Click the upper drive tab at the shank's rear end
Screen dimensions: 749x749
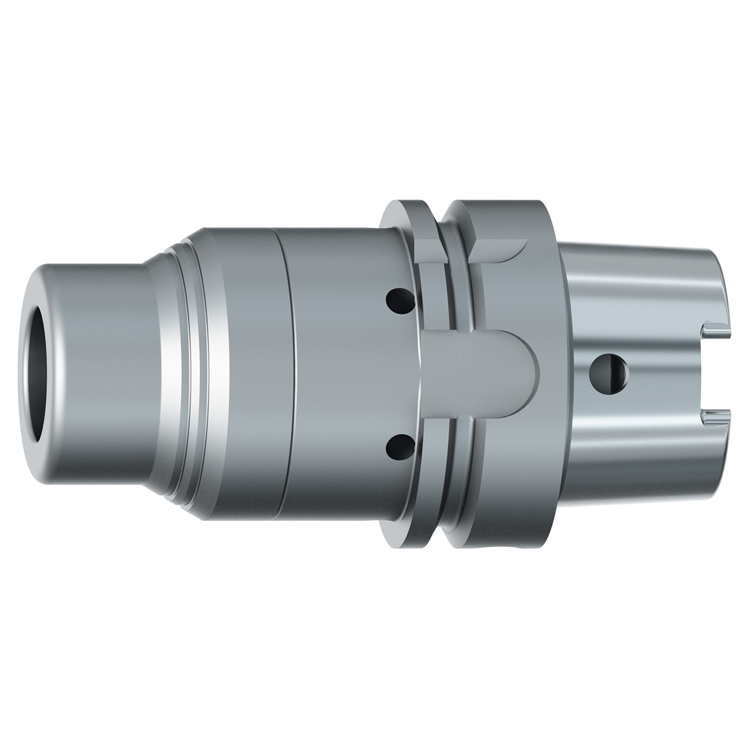[719, 331]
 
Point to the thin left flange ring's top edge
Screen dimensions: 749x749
[404, 205]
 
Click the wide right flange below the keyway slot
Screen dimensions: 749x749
[509, 468]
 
